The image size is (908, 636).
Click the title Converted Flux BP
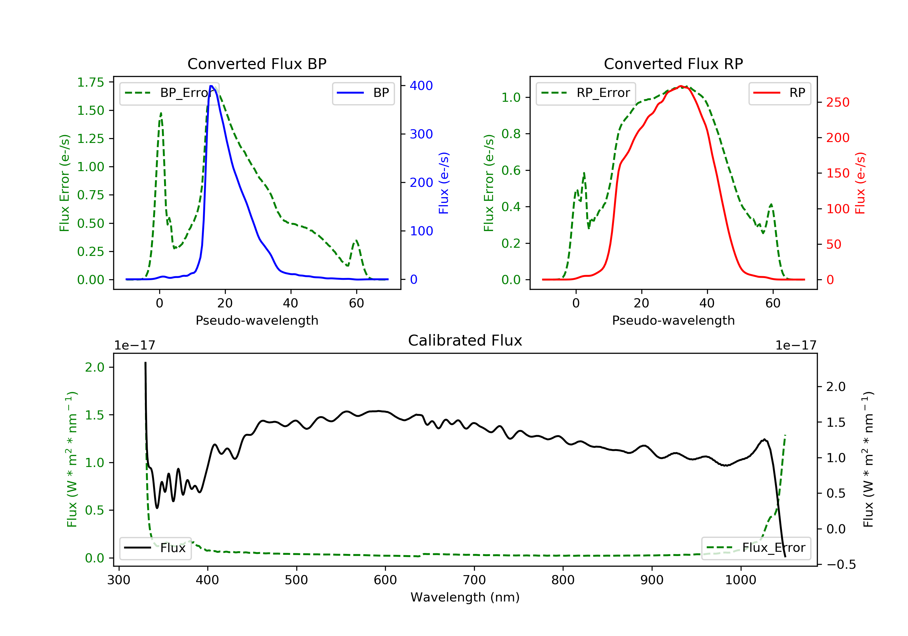click(x=257, y=64)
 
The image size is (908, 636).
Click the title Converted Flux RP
click(x=673, y=64)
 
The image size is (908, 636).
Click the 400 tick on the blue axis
click(x=421, y=85)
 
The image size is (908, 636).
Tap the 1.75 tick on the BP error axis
click(x=90, y=82)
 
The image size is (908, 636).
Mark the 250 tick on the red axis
click(x=837, y=102)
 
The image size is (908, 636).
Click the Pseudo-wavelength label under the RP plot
click(x=673, y=320)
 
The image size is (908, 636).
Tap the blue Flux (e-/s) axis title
click(x=444, y=183)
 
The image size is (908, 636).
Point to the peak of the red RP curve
click(x=681, y=86)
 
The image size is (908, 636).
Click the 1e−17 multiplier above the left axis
click(x=134, y=346)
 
